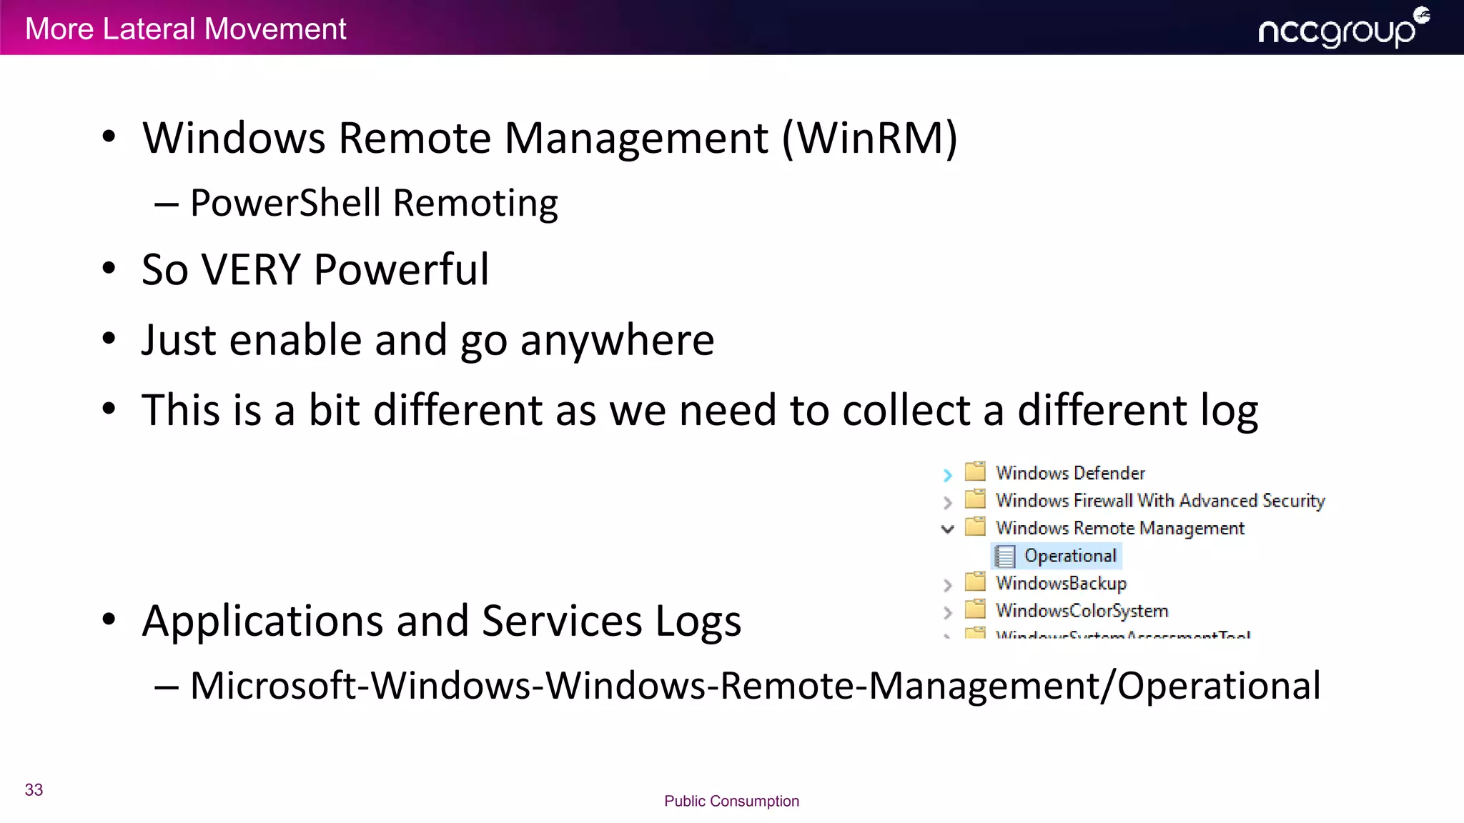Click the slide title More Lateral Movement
click(x=185, y=29)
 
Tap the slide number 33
click(x=34, y=789)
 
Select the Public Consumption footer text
click(x=731, y=801)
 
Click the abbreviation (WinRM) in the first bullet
click(x=869, y=138)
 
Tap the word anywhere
click(x=617, y=340)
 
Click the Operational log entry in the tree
click(x=1069, y=556)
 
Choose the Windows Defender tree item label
click(x=1070, y=473)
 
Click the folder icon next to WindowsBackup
click(x=975, y=582)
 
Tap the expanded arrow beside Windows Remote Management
click(x=948, y=529)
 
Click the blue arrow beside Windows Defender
click(x=948, y=474)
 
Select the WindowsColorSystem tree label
click(x=1082, y=611)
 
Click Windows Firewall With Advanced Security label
click(x=1159, y=501)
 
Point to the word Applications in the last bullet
click(x=262, y=621)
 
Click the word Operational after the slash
click(x=1218, y=686)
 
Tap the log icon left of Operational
click(x=1005, y=556)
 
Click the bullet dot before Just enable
click(x=109, y=339)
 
